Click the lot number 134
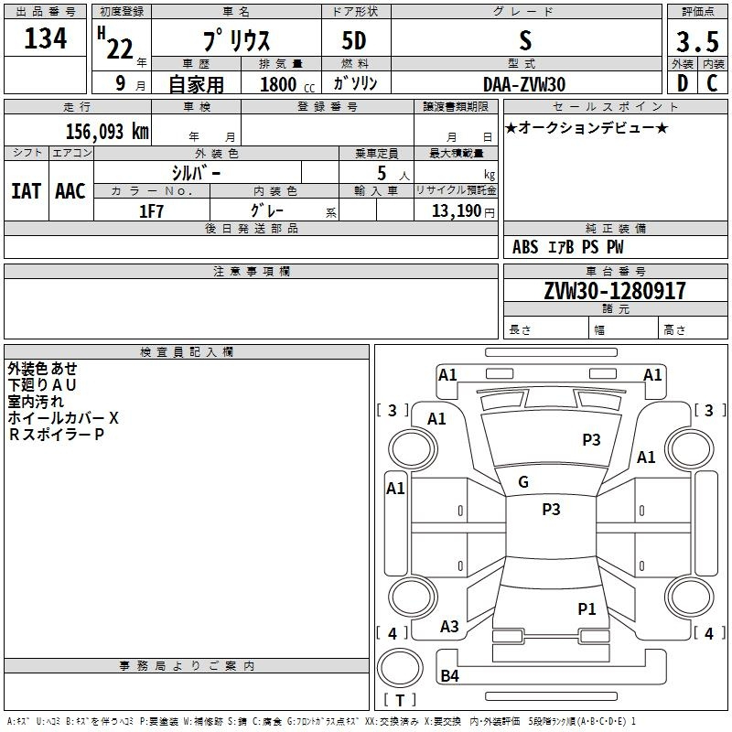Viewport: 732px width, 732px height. (x=46, y=39)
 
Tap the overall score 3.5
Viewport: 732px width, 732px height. (x=695, y=41)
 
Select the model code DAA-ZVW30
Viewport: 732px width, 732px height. (x=524, y=83)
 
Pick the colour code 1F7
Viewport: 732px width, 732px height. (x=151, y=210)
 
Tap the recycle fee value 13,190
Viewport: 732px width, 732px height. (x=456, y=211)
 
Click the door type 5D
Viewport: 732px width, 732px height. (x=355, y=41)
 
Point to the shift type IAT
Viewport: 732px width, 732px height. (x=27, y=191)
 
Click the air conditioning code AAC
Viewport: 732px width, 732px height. (x=70, y=191)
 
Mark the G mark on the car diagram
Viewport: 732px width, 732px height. (x=523, y=482)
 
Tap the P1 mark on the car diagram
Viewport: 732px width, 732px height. (x=587, y=608)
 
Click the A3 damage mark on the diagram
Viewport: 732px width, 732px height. (x=449, y=627)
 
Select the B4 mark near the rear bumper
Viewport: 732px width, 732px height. (x=449, y=676)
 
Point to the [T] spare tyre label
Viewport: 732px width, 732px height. (x=399, y=700)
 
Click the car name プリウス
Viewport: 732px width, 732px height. (x=234, y=41)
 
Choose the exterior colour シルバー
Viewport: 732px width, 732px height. (x=196, y=171)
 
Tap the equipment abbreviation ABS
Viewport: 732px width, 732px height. (x=525, y=247)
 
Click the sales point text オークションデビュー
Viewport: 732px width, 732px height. (x=587, y=127)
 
